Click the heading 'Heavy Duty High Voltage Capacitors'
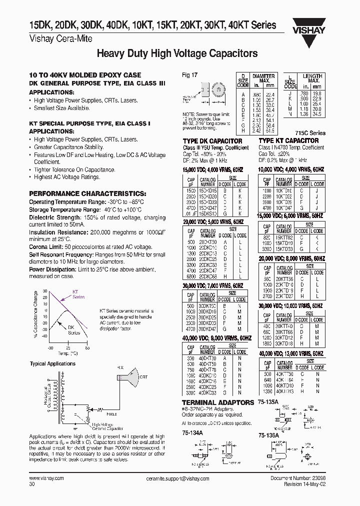[x=176, y=53]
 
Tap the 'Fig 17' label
[x=190, y=75]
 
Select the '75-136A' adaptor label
[x=270, y=436]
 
